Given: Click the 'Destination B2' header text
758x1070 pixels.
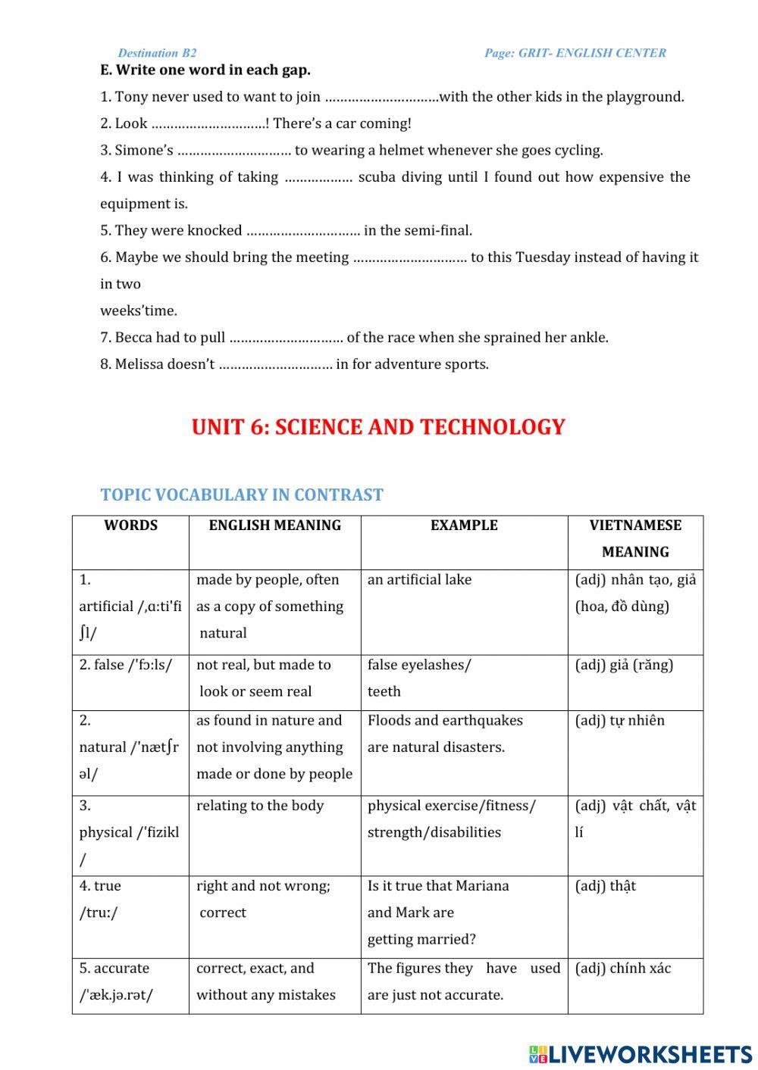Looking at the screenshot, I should coord(157,53).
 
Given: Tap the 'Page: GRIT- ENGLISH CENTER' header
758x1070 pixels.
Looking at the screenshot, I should coord(575,53).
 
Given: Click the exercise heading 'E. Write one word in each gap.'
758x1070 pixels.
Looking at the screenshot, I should coord(205,70).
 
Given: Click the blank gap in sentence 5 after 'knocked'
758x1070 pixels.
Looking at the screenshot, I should coord(303,231).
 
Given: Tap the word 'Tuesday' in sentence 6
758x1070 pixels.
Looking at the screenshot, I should coord(543,257).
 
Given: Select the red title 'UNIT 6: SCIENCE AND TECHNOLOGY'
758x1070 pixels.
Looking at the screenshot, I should coord(378,427).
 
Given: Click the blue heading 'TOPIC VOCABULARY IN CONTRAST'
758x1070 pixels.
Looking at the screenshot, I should coord(242,495).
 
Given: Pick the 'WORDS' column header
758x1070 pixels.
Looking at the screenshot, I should coord(130,526).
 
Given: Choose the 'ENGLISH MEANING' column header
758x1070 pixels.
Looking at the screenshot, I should coord(274,526).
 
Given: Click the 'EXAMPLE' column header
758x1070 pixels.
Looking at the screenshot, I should coord(464,526).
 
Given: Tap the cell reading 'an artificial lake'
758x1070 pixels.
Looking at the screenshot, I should coord(419,580).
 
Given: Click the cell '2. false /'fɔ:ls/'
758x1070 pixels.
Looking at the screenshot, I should coord(126,665).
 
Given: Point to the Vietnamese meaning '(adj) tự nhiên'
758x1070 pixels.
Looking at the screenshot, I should coord(619,720).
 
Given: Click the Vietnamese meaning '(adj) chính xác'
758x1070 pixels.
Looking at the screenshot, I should coord(623,969).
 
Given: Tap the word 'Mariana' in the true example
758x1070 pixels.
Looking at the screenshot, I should coord(481,886).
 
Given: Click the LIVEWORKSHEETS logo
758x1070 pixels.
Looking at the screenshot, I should coord(641,1054).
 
